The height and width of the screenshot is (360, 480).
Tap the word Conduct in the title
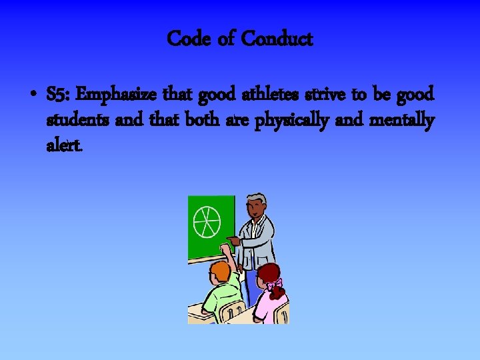pyautogui.click(x=277, y=39)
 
